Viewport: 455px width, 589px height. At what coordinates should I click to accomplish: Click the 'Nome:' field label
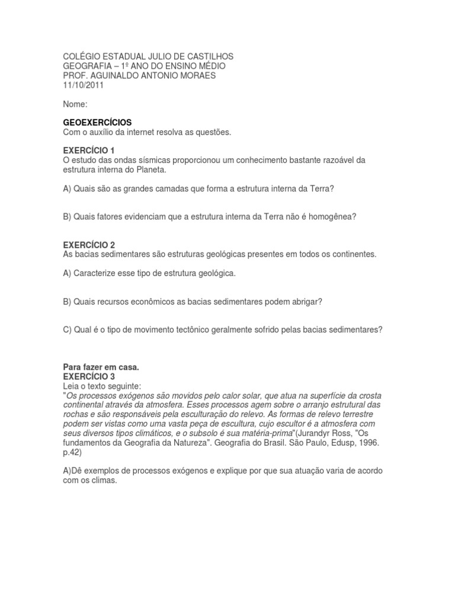(75, 104)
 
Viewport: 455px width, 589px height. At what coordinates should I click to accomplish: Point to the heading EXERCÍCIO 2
(89, 245)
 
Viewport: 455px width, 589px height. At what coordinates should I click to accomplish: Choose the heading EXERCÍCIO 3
(89, 376)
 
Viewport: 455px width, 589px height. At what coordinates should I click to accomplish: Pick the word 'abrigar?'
(305, 302)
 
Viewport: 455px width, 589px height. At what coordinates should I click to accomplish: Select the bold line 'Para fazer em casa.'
(100, 367)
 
